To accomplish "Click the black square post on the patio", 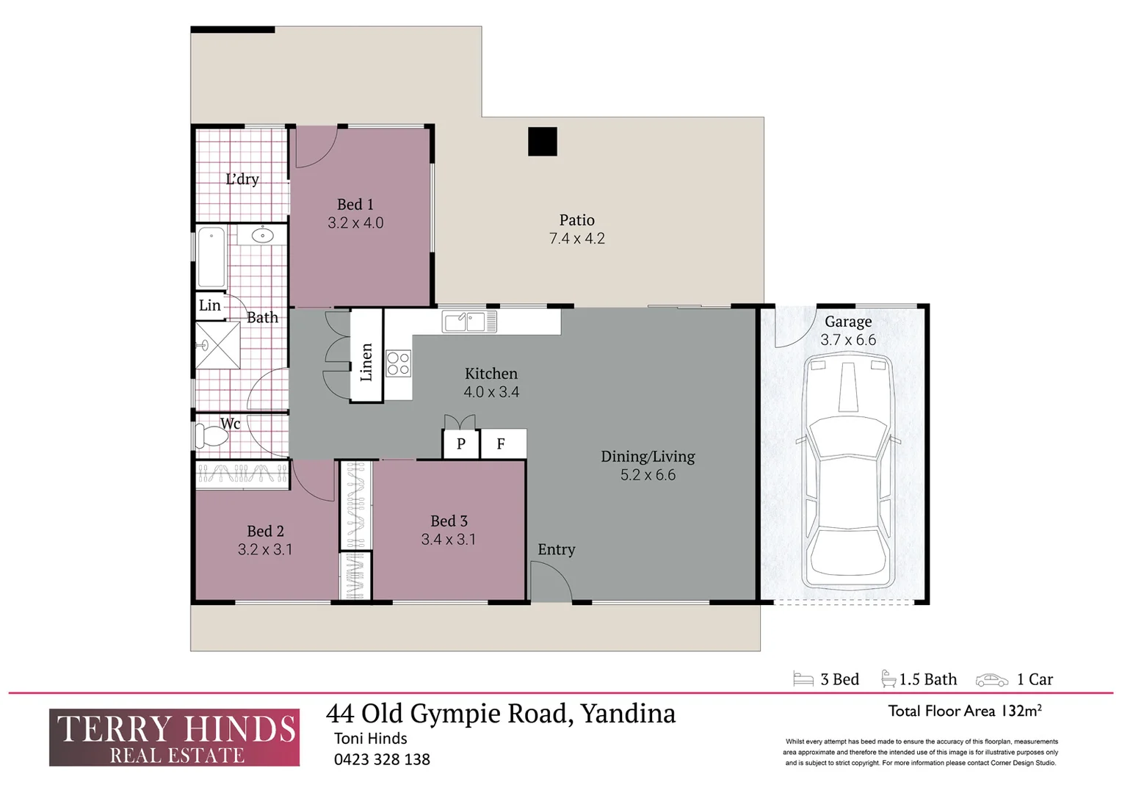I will coord(543,142).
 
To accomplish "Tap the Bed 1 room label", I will coord(355,205).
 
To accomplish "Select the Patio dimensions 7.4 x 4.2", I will coord(576,239).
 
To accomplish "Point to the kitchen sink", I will coord(469,322).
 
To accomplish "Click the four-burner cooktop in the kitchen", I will coord(398,363).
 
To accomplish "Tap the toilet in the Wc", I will coord(210,436).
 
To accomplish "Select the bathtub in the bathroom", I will coord(211,257).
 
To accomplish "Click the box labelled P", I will coord(461,443).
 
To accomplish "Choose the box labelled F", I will coord(502,443).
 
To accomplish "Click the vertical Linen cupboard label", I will coord(366,362).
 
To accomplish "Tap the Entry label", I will coord(556,549).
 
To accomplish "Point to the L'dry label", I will coord(242,179).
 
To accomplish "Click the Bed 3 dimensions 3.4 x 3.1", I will coord(448,540).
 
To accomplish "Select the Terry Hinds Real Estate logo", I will coord(175,737).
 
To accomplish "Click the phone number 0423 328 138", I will coord(382,760).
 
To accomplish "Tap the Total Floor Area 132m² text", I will coord(964,711).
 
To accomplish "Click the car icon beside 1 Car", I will coord(991,680).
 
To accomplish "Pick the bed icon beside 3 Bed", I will coord(803,679).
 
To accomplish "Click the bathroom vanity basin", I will coord(262,235).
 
